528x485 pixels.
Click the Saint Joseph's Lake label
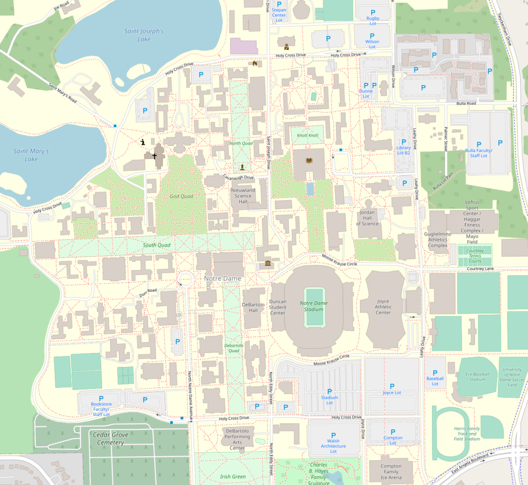144,35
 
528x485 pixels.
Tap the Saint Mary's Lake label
31,155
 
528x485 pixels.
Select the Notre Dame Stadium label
313,306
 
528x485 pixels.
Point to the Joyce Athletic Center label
383,307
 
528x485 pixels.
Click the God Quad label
181,196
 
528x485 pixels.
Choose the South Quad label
156,245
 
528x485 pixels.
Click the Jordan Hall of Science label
367,218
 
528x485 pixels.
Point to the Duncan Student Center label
277,307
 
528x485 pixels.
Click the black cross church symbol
154,155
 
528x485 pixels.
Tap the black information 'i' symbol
143,142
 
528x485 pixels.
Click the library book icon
309,161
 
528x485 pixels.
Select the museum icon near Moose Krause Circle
268,264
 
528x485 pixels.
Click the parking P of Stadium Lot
329,390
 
